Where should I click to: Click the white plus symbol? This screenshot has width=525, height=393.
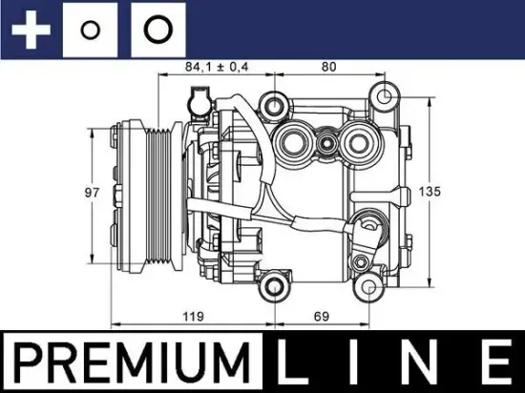point(31,29)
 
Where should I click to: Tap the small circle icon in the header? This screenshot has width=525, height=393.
point(91,30)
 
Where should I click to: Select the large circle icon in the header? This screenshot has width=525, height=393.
point(156,30)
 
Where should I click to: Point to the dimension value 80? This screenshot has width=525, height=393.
point(329,66)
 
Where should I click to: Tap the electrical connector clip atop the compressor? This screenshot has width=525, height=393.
point(199,98)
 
